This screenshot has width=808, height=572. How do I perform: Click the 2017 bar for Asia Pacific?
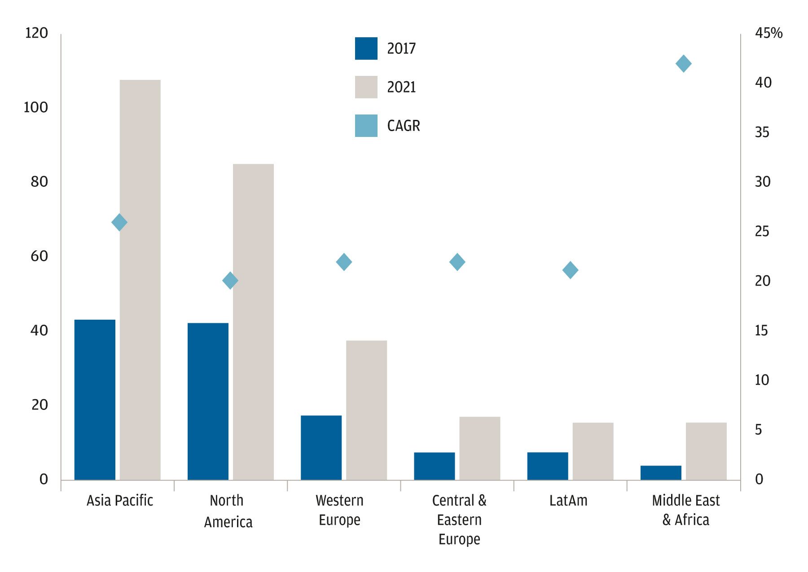pyautogui.click(x=95, y=400)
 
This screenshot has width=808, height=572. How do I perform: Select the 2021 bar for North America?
pyautogui.click(x=253, y=322)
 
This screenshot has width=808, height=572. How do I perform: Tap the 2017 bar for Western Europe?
pyautogui.click(x=321, y=448)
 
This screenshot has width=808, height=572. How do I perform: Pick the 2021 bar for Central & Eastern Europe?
pyautogui.click(x=479, y=448)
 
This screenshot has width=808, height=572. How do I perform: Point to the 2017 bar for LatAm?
pyautogui.click(x=548, y=466)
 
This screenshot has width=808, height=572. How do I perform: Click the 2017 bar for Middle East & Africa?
pyautogui.click(x=661, y=473)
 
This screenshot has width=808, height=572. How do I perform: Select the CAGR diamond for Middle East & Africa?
pyautogui.click(x=683, y=64)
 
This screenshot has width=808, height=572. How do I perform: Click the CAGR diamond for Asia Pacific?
pyautogui.click(x=119, y=222)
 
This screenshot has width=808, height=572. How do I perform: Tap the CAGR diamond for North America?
pyautogui.click(x=230, y=281)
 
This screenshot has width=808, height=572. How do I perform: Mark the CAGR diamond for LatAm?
pyautogui.click(x=570, y=270)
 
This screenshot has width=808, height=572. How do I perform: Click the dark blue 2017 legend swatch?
pyautogui.click(x=366, y=48)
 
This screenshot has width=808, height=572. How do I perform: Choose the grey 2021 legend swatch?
pyautogui.click(x=366, y=87)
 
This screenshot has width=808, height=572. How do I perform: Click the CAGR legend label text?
pyautogui.click(x=404, y=126)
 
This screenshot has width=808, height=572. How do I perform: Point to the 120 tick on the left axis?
pyautogui.click(x=36, y=33)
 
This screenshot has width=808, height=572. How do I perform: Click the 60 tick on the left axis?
pyautogui.click(x=39, y=256)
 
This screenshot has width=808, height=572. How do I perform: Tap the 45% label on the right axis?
pyautogui.click(x=768, y=33)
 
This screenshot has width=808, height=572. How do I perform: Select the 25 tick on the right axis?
pyautogui.click(x=762, y=232)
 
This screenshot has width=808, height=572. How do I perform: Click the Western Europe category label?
pyautogui.click(x=339, y=510)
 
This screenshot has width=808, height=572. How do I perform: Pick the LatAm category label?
pyautogui.click(x=568, y=501)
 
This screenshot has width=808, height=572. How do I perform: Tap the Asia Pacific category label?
pyautogui.click(x=120, y=501)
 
